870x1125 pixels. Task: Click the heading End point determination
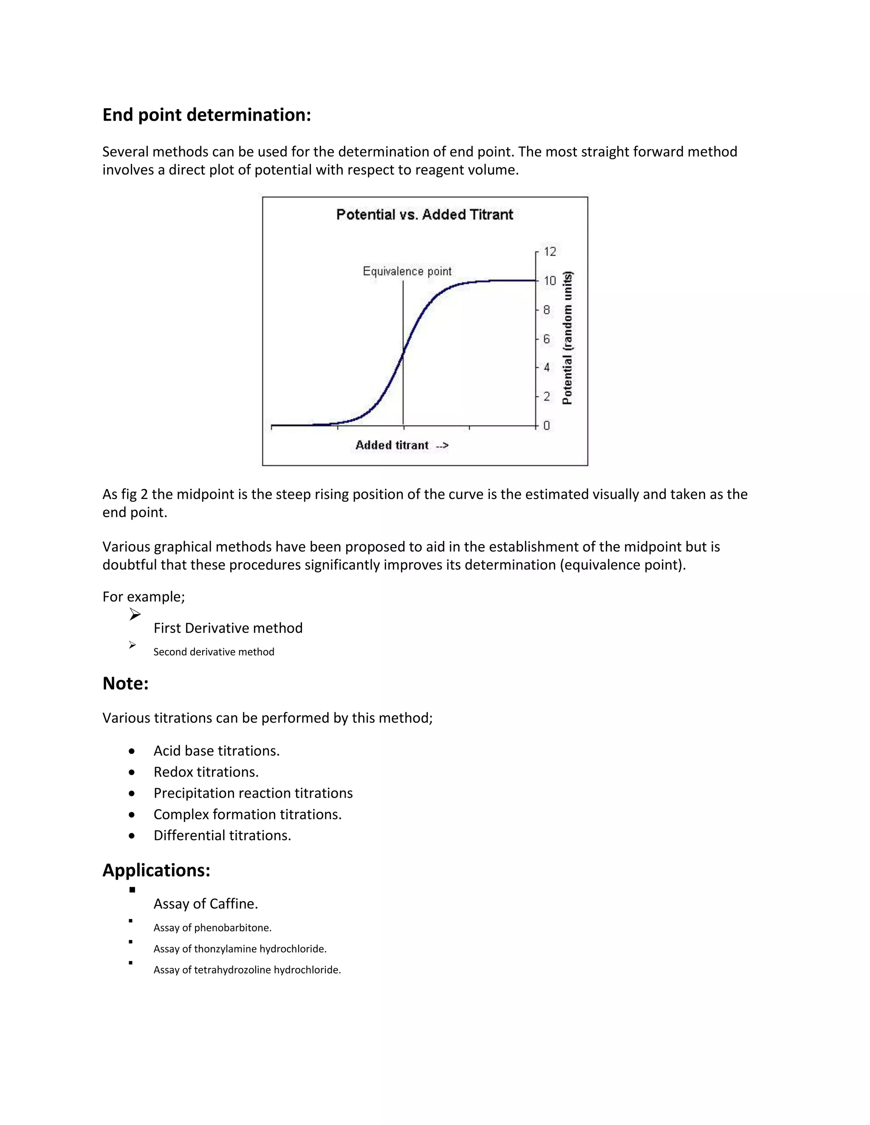[207, 115]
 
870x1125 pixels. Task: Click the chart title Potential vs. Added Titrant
[424, 215]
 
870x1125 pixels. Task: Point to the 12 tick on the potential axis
[550, 252]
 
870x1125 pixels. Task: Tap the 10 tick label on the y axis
[550, 281]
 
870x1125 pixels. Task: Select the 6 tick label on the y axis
[546, 339]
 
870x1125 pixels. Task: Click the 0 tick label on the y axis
[546, 425]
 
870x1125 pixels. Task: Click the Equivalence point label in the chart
[407, 271]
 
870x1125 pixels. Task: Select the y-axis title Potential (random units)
[568, 338]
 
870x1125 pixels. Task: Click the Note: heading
[125, 683]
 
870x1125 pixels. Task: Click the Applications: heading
[156, 870]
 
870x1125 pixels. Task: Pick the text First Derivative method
[228, 628]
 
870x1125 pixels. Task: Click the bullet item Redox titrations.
[206, 772]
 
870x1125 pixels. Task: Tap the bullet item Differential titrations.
[222, 835]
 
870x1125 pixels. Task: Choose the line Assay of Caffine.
[206, 903]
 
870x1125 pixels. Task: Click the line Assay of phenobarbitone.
[212, 928]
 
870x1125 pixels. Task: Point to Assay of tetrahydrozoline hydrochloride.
[247, 970]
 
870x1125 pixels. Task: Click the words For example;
[143, 596]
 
